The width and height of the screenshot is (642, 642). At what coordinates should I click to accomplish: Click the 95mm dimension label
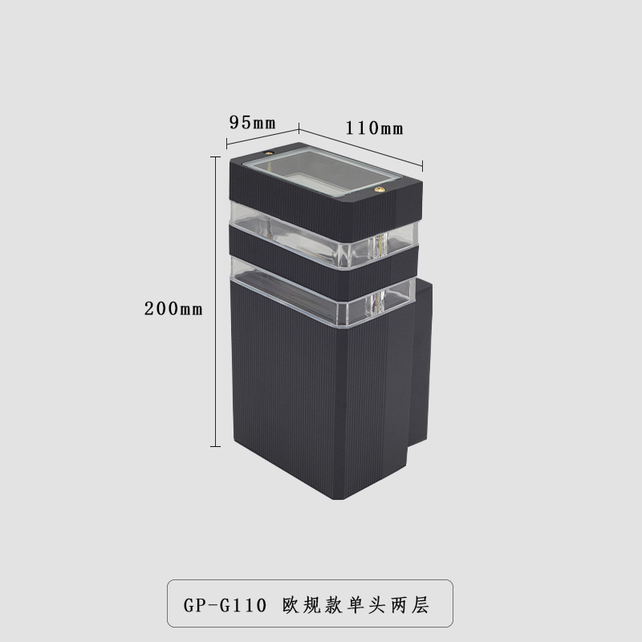click(x=252, y=123)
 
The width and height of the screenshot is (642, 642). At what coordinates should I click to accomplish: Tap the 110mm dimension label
click(x=374, y=128)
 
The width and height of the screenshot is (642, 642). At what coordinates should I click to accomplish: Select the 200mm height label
click(x=173, y=308)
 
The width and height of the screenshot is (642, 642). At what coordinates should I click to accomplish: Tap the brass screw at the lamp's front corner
click(x=379, y=191)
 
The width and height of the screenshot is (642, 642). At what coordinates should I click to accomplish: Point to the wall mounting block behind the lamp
click(x=423, y=361)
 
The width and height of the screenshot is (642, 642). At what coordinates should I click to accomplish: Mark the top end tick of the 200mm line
click(x=215, y=157)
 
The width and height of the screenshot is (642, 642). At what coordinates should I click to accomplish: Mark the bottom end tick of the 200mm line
click(x=215, y=445)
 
